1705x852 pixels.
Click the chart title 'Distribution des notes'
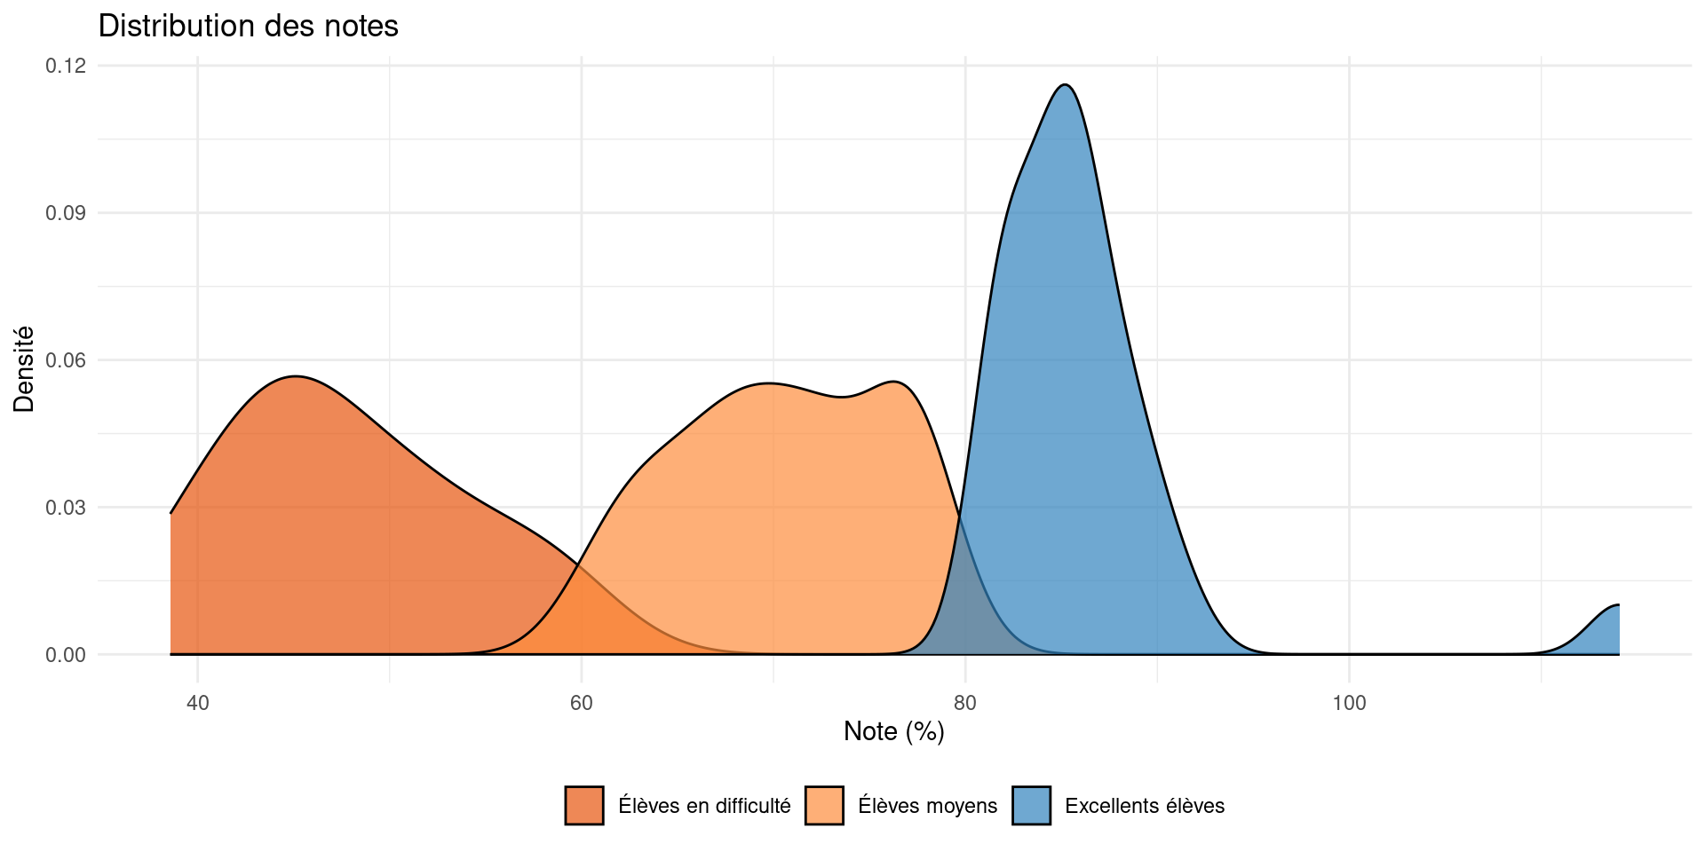coord(248,26)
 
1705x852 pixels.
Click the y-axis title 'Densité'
coord(24,369)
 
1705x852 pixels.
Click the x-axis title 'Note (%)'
coord(893,731)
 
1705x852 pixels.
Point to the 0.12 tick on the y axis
coord(66,66)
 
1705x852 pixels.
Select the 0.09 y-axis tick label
coord(66,213)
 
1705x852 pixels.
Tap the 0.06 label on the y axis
coord(66,360)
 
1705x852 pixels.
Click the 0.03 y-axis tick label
coord(66,508)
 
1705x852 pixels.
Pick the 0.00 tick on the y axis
coord(66,655)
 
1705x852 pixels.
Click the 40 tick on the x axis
coord(197,704)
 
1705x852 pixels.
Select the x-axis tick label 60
coord(581,704)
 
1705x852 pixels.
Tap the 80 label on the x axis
coord(965,704)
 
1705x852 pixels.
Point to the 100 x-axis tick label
coord(1349,704)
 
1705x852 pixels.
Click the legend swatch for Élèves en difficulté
coord(584,806)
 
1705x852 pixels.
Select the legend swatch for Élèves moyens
coord(824,806)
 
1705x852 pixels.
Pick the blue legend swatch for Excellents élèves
coord(1031,806)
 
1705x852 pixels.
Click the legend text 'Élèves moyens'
coord(927,806)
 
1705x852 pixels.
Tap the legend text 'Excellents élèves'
coord(1144,806)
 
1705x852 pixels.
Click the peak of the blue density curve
coord(1066,85)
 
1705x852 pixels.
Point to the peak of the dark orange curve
coord(297,376)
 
